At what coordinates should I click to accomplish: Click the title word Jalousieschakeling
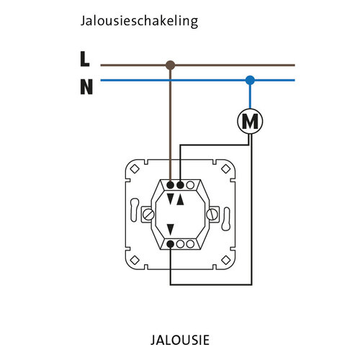tap(139, 22)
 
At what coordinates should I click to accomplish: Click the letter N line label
tap(86, 88)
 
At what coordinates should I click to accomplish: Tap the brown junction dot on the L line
tap(170, 66)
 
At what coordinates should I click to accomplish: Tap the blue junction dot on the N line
tap(249, 80)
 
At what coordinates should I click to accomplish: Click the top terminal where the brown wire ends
tap(171, 185)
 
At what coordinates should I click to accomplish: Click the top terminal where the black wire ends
tap(180, 185)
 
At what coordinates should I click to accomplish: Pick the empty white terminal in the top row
tap(190, 185)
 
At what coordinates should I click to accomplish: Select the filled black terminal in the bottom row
tap(171, 245)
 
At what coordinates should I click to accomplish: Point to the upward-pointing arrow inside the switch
tap(180, 199)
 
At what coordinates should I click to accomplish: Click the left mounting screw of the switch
tap(149, 214)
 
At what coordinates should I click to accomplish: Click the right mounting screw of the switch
tap(212, 214)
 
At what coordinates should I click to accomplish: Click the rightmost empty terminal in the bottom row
tap(190, 245)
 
